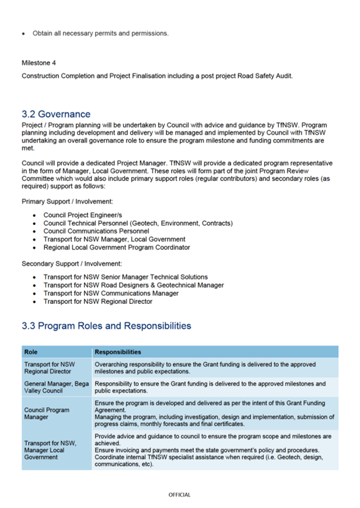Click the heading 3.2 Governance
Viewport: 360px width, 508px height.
pos(56,114)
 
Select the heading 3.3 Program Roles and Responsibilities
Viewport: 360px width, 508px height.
pos(106,326)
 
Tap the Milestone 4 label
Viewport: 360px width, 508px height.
pos(39,63)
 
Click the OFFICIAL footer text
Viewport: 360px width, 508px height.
pos(179,495)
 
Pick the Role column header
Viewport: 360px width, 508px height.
pos(31,352)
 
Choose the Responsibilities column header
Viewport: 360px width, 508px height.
pos(117,352)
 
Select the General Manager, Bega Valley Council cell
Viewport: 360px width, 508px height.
pos(56,387)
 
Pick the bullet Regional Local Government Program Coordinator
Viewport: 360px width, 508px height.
pos(116,247)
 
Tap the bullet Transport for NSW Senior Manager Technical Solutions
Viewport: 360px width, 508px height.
pos(125,277)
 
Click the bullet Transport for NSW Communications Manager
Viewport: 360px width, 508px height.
pos(111,293)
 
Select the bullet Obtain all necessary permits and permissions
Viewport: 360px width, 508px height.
pos(100,33)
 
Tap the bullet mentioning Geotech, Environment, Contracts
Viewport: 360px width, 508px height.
pos(138,223)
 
